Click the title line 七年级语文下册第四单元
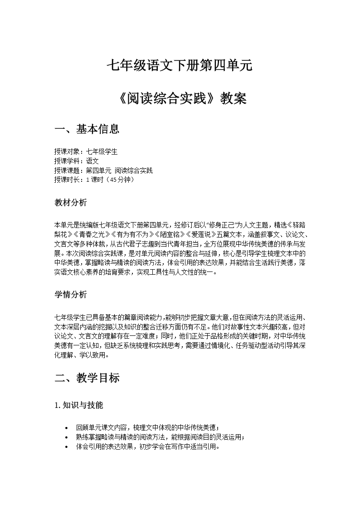point(180,66)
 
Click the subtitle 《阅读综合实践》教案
point(180,98)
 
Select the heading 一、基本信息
point(87,129)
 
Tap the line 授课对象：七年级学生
point(86,152)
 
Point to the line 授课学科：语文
point(76,161)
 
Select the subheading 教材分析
point(70,203)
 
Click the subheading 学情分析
point(70,295)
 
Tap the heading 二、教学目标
point(87,378)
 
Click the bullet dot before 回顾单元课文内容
point(67,428)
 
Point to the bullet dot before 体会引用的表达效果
point(67,446)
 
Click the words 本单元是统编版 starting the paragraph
point(70,224)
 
